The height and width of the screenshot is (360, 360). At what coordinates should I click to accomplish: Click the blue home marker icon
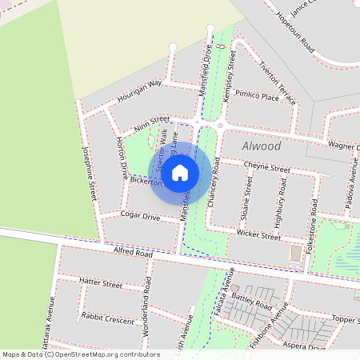[180, 171]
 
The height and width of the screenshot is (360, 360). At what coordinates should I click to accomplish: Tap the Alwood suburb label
[261, 147]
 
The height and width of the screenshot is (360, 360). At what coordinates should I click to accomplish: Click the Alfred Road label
[132, 254]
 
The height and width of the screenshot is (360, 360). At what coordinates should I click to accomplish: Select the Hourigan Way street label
[139, 88]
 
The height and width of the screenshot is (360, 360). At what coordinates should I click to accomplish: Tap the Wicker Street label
[259, 235]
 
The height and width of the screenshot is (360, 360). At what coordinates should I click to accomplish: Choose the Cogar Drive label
[141, 215]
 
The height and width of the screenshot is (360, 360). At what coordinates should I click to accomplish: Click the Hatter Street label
[102, 283]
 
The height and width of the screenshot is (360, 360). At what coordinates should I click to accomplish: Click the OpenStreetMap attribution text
[80, 354]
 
